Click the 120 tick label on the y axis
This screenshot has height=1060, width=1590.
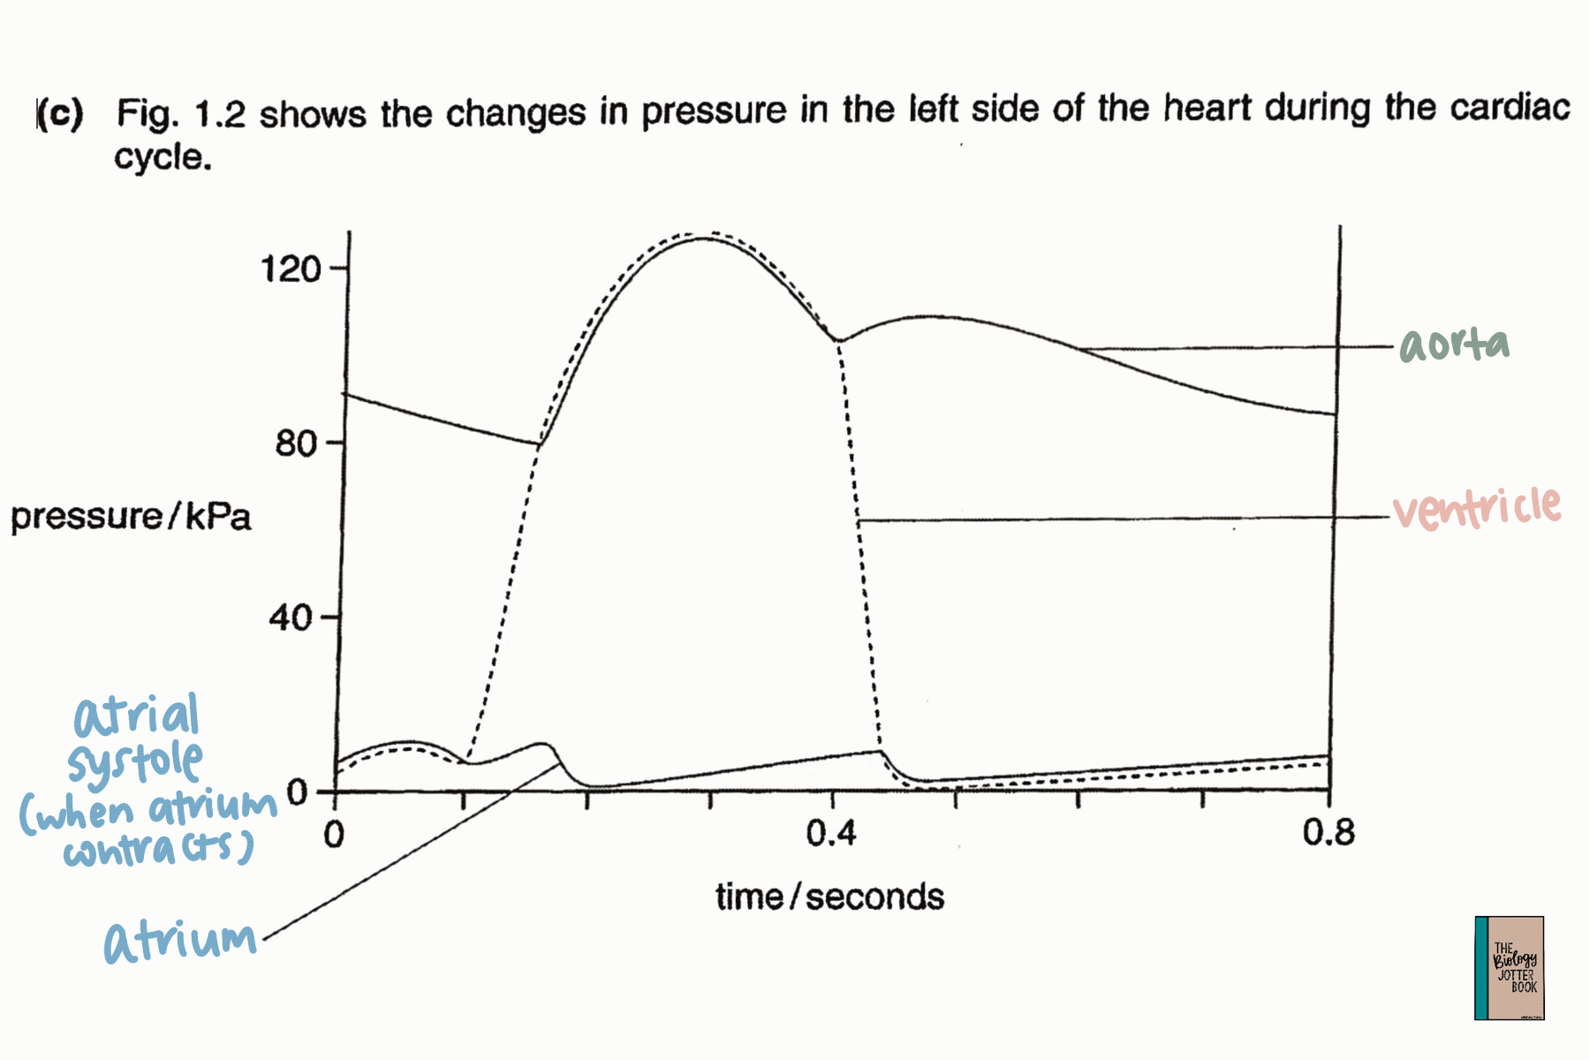pos(291,269)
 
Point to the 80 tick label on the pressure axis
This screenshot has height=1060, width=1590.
pos(295,443)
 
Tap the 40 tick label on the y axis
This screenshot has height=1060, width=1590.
pos(291,617)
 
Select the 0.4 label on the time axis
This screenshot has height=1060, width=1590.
pos(830,833)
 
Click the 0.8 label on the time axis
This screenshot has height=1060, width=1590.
pos(1328,833)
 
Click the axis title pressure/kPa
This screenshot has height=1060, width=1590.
pos(131,517)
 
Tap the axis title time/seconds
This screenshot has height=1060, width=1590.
pos(829,897)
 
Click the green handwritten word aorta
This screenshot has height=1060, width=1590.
pos(1454,344)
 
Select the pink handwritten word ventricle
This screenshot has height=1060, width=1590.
pos(1477,509)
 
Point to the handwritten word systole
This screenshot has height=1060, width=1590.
pos(135,763)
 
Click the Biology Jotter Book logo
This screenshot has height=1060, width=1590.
pos(1509,968)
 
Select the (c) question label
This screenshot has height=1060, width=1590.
pos(60,114)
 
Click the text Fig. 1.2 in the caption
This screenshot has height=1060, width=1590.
pos(180,114)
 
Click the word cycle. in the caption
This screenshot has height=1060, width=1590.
pos(163,158)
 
